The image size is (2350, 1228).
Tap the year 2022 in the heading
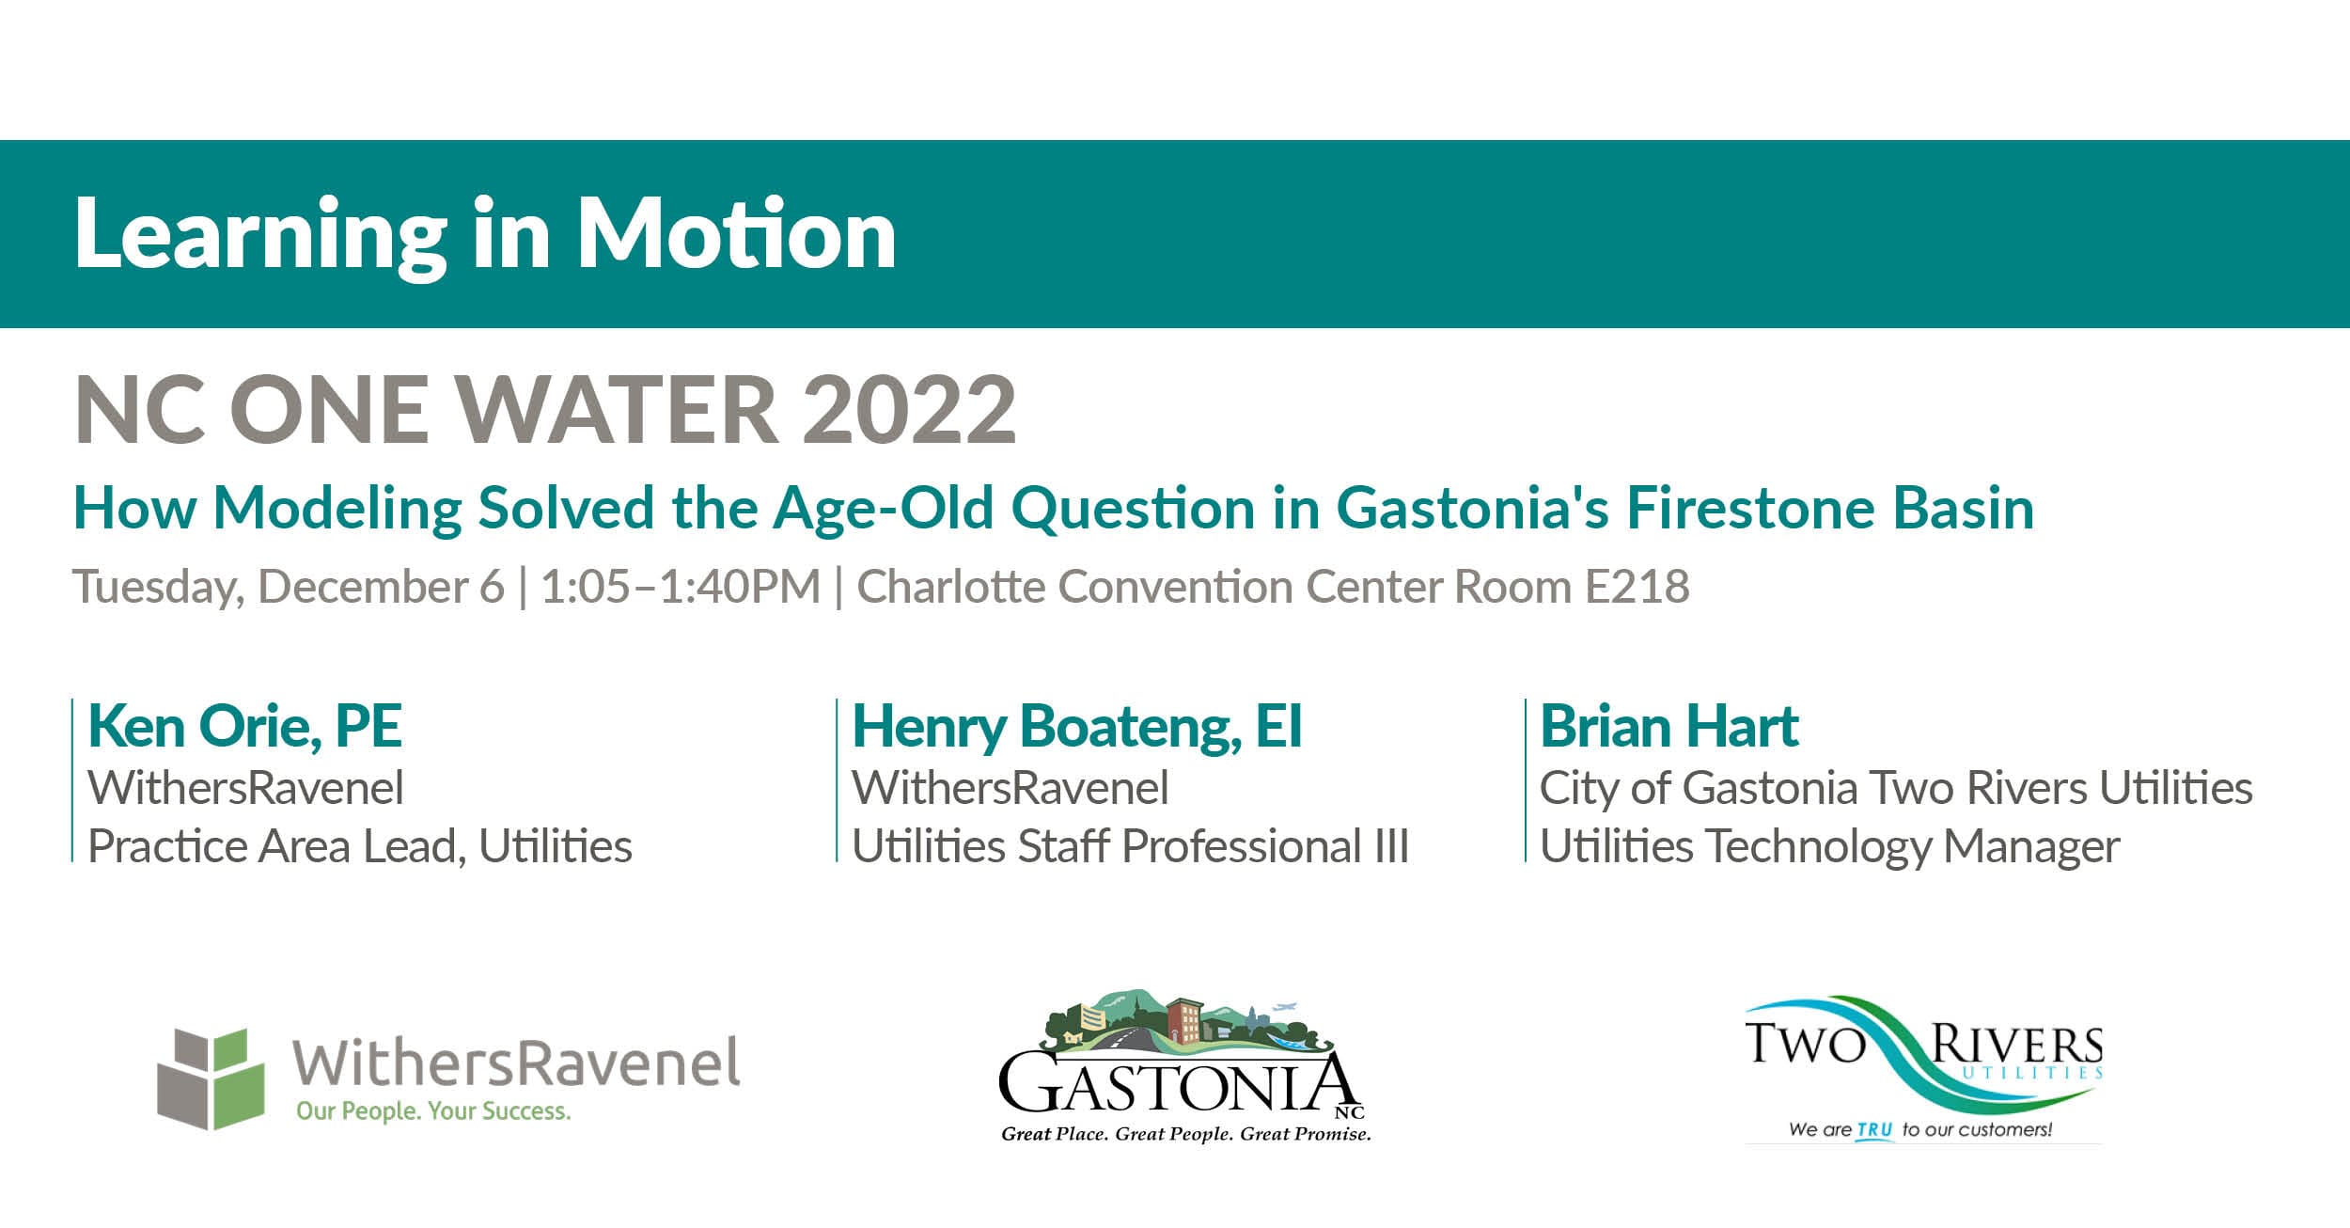(x=909, y=410)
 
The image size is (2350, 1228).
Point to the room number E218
(x=1637, y=587)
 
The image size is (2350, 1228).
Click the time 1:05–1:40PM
(x=680, y=587)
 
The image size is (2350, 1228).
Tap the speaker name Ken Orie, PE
(x=244, y=726)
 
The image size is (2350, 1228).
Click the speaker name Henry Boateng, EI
(x=1076, y=726)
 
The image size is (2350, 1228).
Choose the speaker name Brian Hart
(x=1668, y=726)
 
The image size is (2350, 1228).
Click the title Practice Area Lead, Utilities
(x=359, y=845)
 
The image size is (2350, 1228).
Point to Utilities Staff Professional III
(x=1129, y=845)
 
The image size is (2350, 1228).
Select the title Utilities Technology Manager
(x=1829, y=845)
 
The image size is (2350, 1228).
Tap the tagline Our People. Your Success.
(x=433, y=1111)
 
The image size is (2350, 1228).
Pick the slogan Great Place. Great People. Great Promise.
(x=1185, y=1134)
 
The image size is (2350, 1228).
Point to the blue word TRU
(x=1874, y=1129)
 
